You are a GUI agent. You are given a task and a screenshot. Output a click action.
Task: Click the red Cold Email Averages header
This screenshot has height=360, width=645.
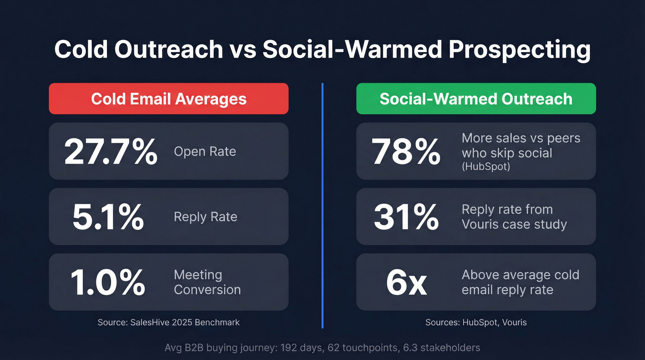coord(169,99)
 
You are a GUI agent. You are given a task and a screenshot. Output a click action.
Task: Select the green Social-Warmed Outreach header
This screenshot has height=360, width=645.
coord(476,99)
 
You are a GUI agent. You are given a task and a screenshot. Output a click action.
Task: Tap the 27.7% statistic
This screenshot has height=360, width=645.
coord(111,152)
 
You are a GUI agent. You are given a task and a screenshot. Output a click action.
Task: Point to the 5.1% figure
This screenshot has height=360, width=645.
coord(108,217)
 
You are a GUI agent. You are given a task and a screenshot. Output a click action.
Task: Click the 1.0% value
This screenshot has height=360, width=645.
coord(108,282)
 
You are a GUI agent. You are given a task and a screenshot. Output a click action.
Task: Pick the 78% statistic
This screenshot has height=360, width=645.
coord(406,152)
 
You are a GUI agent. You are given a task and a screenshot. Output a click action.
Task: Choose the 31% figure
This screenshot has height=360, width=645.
coord(406,217)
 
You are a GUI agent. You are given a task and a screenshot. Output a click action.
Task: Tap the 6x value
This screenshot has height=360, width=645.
coord(406,282)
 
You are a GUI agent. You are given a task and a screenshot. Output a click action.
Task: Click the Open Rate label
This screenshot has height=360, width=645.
coord(205,152)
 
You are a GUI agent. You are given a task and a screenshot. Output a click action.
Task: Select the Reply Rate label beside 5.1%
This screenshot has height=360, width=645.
coord(205,217)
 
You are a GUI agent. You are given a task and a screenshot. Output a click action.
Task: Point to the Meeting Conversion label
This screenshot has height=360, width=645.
coord(207,282)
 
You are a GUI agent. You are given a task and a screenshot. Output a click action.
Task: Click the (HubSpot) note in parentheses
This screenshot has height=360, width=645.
coord(486,167)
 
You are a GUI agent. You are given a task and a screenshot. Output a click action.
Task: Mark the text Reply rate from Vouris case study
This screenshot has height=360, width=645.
coord(514,217)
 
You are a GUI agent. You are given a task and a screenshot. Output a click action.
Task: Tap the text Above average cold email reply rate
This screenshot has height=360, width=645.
coord(520,282)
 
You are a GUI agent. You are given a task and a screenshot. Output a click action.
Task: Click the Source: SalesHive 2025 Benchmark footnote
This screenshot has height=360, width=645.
coord(169,322)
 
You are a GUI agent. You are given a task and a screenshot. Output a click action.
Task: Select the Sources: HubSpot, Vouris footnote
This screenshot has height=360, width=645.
coord(476,322)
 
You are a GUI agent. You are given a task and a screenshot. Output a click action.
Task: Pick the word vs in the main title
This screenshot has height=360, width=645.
coord(242,50)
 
